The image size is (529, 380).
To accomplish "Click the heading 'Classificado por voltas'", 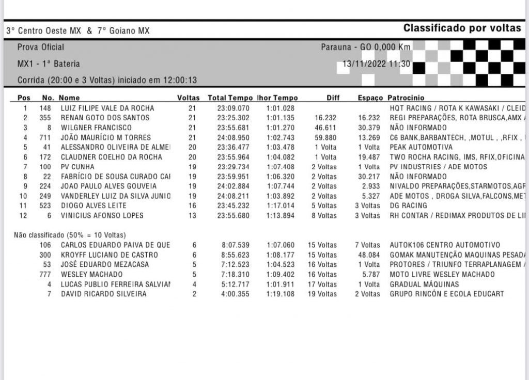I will point(462,28).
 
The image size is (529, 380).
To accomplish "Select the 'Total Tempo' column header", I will point(230,98).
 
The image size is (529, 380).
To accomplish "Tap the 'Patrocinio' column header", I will point(406,98).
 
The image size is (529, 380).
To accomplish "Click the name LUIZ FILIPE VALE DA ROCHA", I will point(107,108).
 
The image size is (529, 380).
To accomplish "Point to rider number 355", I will point(46,118).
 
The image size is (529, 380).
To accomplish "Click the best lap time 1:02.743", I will point(280,138).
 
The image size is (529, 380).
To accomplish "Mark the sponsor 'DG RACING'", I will point(408,206).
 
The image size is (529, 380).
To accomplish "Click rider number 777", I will point(45,275).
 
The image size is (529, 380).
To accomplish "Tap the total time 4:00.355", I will point(235,294).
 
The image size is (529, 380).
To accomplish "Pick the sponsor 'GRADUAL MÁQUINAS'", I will point(424,284).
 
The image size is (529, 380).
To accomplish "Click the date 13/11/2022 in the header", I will point(364,65).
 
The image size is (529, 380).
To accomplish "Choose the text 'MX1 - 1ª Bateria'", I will point(49,65).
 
